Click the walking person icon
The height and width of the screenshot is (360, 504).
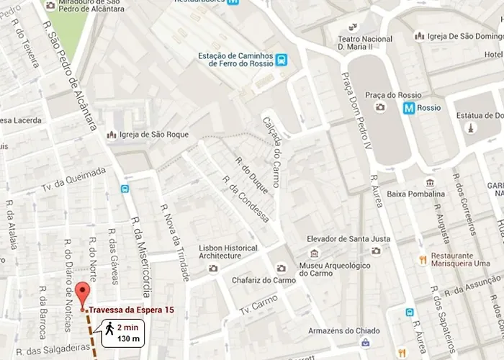point(109,328)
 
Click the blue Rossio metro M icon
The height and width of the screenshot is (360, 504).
point(409,108)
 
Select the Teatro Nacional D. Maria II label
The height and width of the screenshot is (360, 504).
point(367,42)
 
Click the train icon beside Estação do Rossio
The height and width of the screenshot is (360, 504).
point(285,60)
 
